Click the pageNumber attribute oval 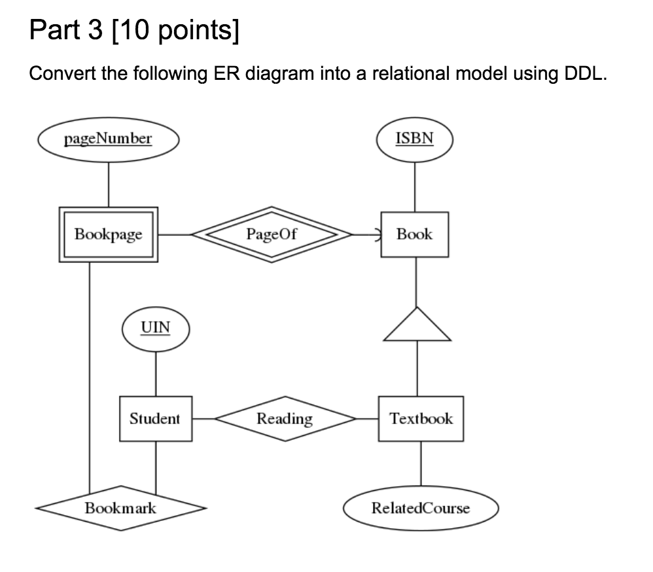(x=109, y=139)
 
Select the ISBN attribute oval (x=415, y=139)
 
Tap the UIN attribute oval (x=156, y=327)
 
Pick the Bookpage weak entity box (x=109, y=234)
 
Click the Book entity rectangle (x=415, y=234)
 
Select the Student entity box (x=155, y=418)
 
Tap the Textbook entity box (x=421, y=418)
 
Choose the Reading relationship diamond (x=285, y=418)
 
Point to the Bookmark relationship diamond (x=120, y=507)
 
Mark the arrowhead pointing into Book (x=375, y=234)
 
